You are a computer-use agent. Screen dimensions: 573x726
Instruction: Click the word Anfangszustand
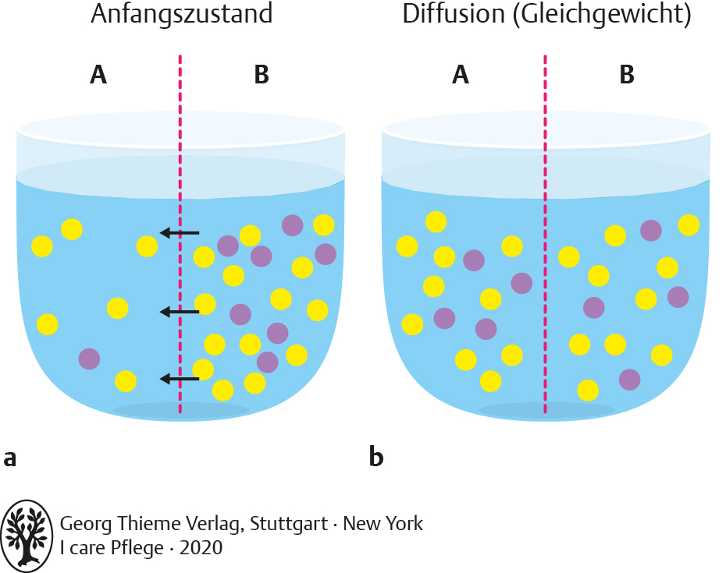(x=181, y=15)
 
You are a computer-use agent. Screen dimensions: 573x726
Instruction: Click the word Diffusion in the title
(x=453, y=15)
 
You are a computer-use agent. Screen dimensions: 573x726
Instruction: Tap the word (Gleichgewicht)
(x=601, y=16)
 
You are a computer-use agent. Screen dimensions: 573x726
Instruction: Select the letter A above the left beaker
(x=98, y=75)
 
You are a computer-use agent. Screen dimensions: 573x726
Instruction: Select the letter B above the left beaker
(x=262, y=75)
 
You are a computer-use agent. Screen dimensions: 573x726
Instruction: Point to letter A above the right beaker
(x=461, y=75)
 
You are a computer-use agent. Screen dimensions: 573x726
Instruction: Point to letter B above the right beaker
(x=626, y=75)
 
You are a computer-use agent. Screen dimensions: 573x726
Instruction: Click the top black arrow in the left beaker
(x=180, y=232)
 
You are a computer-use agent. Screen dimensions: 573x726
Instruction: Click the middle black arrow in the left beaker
(x=180, y=312)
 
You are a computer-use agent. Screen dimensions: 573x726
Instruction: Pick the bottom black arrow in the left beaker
(x=180, y=379)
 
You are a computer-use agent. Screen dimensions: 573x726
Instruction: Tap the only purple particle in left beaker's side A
(x=89, y=359)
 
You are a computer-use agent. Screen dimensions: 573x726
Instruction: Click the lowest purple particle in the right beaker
(x=629, y=380)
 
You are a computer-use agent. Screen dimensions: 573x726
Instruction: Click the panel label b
(x=375, y=456)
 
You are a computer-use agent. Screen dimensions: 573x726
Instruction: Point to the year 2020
(x=201, y=548)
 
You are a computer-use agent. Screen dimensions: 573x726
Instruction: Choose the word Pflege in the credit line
(x=136, y=549)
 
